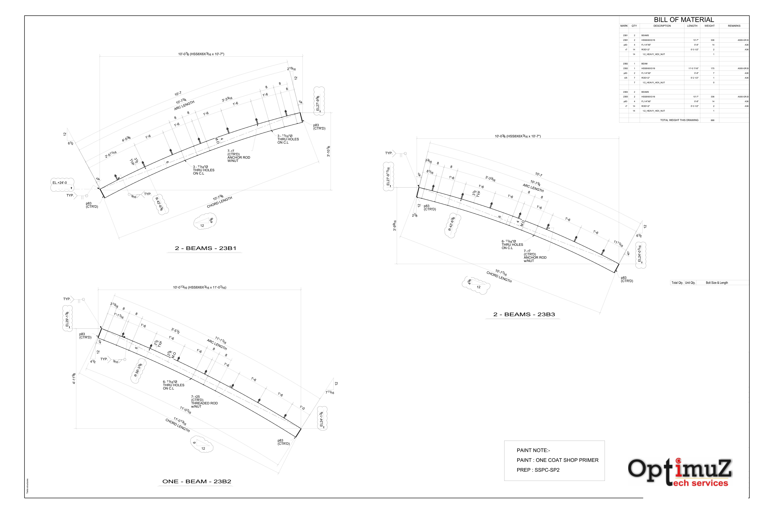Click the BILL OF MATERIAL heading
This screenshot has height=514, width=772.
(x=684, y=20)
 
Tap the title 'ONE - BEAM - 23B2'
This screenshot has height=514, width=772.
(x=197, y=482)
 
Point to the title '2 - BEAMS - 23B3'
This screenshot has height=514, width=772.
(x=524, y=314)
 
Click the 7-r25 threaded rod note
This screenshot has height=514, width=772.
(x=204, y=402)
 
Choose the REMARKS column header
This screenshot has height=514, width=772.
(x=734, y=26)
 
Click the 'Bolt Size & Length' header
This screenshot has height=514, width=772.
(x=716, y=283)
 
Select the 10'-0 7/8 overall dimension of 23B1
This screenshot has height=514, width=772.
(x=201, y=54)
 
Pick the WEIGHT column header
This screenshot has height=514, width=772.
(x=709, y=26)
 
